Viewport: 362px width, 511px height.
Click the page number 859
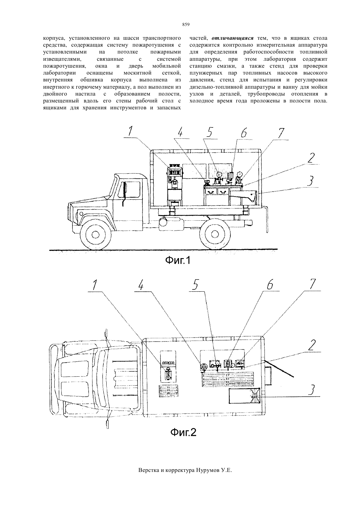pyautogui.click(x=186, y=25)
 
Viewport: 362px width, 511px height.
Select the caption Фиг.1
pyautogui.click(x=178, y=260)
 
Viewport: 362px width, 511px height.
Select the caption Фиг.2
pyautogui.click(x=184, y=432)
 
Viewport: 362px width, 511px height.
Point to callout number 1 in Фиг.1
pyautogui.click(x=130, y=131)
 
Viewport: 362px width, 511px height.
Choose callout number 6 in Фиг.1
pyautogui.click(x=244, y=133)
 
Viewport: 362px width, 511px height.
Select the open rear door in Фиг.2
pyautogui.click(x=279, y=368)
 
